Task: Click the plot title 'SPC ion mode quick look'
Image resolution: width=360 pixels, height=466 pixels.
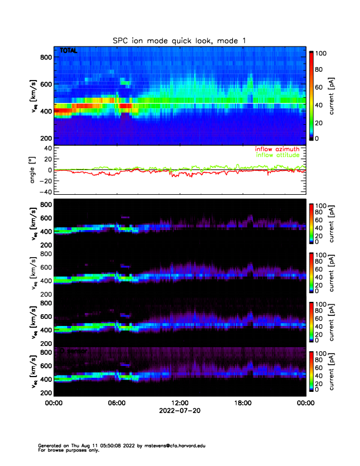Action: [180, 40]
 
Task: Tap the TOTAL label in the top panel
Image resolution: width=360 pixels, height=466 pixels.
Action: [68, 52]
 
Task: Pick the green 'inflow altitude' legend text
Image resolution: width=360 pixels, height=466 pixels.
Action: [277, 155]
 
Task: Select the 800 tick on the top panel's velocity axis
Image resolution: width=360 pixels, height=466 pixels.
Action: [45, 57]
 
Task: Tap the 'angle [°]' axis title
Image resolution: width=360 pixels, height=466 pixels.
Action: [34, 170]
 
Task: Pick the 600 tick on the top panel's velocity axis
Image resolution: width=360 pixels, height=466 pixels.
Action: [45, 84]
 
